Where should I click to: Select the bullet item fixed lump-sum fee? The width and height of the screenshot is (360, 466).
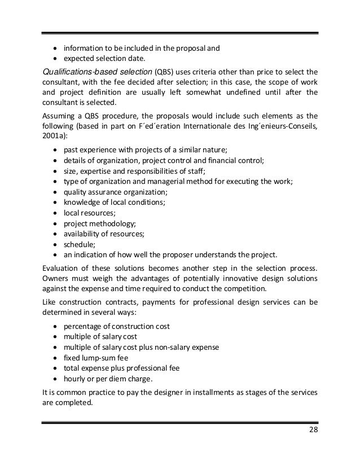(x=96, y=358)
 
